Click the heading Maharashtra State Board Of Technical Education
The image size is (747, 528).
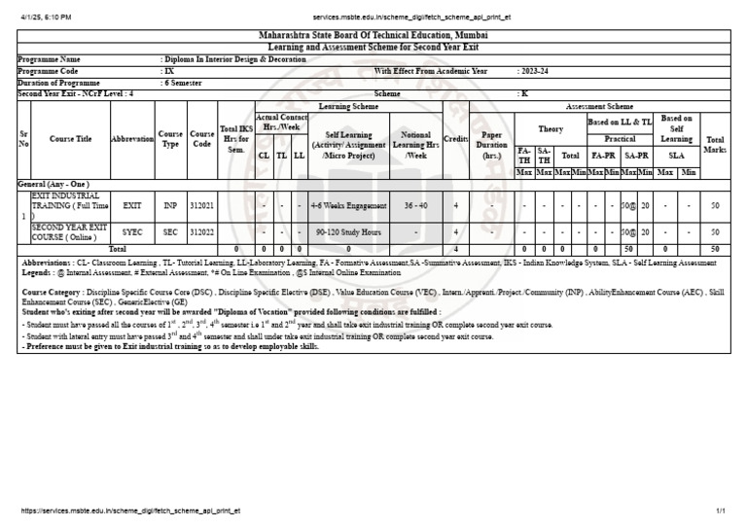pos(373,35)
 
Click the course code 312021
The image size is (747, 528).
pos(202,206)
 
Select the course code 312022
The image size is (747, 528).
pos(202,232)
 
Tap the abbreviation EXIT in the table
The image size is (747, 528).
pos(132,206)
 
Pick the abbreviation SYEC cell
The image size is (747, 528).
pos(132,232)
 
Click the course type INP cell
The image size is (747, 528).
pos(170,206)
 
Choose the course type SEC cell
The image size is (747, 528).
pos(170,232)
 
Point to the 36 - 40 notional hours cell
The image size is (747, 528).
pos(415,206)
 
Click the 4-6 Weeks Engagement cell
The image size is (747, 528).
pos(348,206)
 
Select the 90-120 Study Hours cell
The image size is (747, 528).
pos(348,232)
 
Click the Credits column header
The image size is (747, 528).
pos(455,140)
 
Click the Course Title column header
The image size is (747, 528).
pos(71,140)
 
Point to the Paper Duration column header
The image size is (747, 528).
pos(492,145)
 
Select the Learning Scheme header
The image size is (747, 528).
pos(348,106)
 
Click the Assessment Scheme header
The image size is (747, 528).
pos(599,106)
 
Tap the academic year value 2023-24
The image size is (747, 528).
pos(534,71)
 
